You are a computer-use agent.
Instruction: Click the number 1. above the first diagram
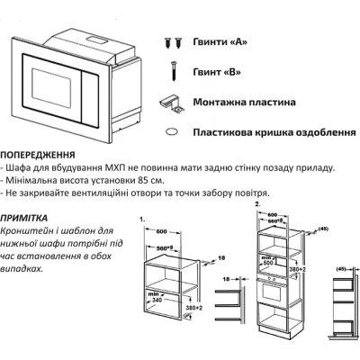(142, 244)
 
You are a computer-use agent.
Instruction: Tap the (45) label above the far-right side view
(341, 269)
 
